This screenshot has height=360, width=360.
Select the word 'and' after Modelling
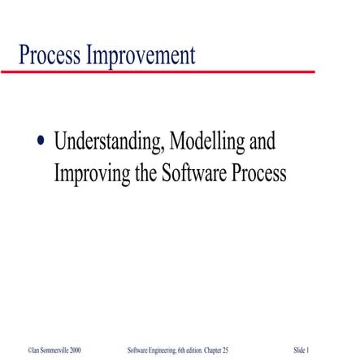pyautogui.click(x=261, y=142)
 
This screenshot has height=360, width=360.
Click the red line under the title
pyautogui.click(x=163, y=72)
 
